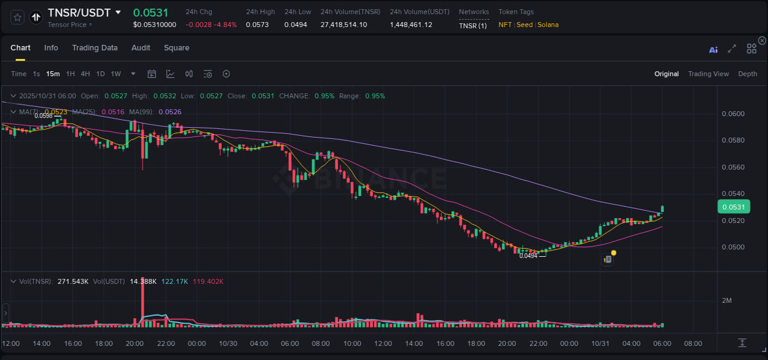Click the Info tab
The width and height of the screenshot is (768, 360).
click(x=51, y=48)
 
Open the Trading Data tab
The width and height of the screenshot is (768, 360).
click(x=95, y=48)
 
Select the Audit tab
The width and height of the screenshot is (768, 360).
click(x=141, y=48)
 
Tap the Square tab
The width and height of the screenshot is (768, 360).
click(x=176, y=48)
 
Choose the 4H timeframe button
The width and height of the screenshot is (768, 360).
click(x=85, y=74)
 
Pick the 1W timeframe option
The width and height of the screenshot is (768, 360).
click(x=116, y=74)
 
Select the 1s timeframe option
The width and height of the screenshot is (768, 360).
click(x=36, y=74)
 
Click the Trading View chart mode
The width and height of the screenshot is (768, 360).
click(x=708, y=74)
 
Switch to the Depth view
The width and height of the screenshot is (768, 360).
click(x=747, y=74)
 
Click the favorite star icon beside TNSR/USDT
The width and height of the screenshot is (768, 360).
click(x=18, y=17)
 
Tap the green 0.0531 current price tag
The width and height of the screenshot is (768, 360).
click(x=733, y=207)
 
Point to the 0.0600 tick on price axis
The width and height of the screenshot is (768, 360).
click(x=732, y=114)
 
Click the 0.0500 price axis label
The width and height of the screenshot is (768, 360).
click(x=732, y=247)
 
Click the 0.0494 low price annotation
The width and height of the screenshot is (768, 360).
click(x=528, y=256)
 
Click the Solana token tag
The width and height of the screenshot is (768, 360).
click(x=548, y=25)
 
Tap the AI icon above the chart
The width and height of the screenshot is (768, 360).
click(x=713, y=50)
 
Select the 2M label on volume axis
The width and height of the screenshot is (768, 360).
click(x=727, y=300)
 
